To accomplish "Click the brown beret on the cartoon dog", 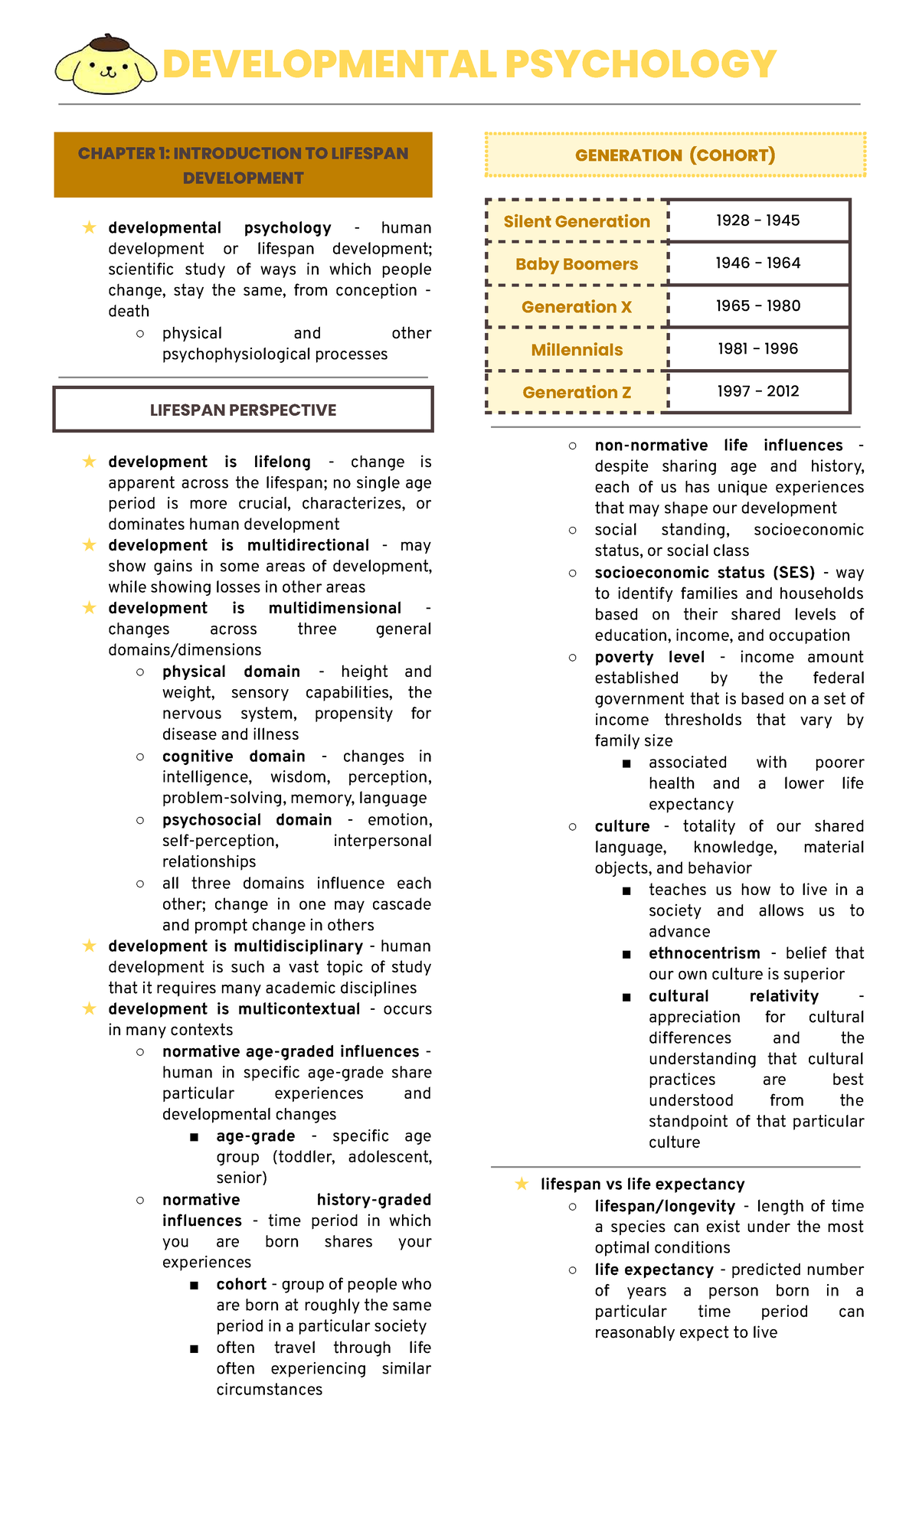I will (x=109, y=42).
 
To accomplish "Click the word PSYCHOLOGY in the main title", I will (x=640, y=64).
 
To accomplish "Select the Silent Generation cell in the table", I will (x=577, y=221).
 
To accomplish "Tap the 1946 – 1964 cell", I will (x=758, y=263).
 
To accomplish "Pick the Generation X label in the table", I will (x=577, y=307).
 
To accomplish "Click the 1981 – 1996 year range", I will (x=758, y=349).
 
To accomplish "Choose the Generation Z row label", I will (x=577, y=392).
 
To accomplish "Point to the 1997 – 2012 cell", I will (x=758, y=391).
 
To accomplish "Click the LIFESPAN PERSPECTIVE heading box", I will (x=243, y=410).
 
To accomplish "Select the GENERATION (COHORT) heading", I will (x=675, y=155).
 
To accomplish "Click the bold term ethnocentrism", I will (x=704, y=953).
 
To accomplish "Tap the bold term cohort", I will (x=241, y=1284).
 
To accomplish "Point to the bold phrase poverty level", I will (x=649, y=657).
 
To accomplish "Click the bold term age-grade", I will (x=255, y=1136).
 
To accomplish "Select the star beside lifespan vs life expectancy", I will (x=522, y=1184).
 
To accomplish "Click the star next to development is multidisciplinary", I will (x=90, y=946).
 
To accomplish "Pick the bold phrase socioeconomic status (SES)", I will (x=704, y=573).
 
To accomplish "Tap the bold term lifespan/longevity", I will (x=664, y=1206).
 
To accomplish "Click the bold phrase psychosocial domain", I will (x=247, y=819).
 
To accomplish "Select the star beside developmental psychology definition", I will (x=90, y=227).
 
